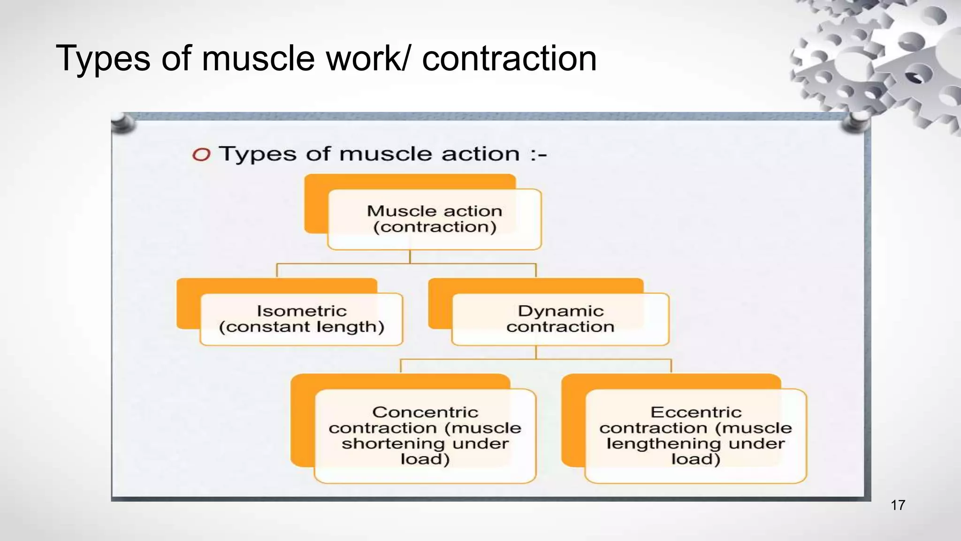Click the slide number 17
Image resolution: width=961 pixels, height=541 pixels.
(x=898, y=505)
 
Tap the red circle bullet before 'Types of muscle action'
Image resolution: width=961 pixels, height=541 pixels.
(x=201, y=155)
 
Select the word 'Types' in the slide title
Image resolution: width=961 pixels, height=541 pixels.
(x=103, y=59)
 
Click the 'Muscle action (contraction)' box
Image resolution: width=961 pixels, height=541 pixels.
(x=434, y=219)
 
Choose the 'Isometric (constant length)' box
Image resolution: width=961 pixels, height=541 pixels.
(x=301, y=319)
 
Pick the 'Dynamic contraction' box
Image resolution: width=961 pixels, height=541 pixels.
(x=560, y=319)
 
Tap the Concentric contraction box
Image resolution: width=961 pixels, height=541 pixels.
(x=425, y=435)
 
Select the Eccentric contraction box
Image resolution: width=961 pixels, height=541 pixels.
(x=695, y=435)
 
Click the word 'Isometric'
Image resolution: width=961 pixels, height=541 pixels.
(x=301, y=311)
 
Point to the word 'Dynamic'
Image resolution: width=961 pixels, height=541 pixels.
(x=561, y=311)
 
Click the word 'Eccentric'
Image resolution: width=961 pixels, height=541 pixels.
(x=696, y=412)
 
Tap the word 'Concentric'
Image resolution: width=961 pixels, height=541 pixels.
(x=425, y=412)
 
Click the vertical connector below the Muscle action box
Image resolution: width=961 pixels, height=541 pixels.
(x=410, y=256)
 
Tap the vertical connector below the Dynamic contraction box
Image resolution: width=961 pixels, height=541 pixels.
(x=536, y=352)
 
